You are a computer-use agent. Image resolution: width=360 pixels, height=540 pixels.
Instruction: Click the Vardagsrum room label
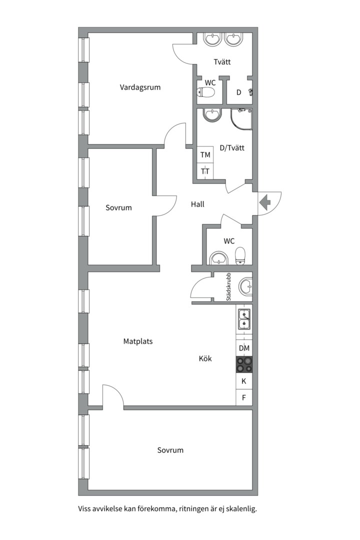tap(140, 87)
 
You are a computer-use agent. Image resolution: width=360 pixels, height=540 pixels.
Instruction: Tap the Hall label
tap(197, 204)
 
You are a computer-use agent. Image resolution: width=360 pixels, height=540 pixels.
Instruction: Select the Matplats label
tap(138, 341)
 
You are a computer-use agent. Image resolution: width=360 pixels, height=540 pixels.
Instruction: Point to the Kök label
tap(205, 358)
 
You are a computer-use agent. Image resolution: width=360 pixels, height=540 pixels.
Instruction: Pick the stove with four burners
tap(244, 364)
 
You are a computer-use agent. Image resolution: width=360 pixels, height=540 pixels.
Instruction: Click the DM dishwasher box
tap(244, 348)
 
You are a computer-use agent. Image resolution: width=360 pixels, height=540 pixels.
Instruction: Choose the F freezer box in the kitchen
tap(244, 397)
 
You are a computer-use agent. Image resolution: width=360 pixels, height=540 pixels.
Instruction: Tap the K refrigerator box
tap(244, 381)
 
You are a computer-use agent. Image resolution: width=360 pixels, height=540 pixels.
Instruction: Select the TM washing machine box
tap(205, 155)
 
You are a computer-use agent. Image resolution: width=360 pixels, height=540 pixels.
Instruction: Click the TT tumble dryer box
tap(205, 171)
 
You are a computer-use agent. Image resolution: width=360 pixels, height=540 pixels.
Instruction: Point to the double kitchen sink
tap(244, 319)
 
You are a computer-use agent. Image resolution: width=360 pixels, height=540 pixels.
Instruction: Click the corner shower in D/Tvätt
tap(241, 119)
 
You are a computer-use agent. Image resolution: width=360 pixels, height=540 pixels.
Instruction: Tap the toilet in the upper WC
tap(205, 92)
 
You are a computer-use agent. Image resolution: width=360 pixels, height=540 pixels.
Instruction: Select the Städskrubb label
tap(228, 287)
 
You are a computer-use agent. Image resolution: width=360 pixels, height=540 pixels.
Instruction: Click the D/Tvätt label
tap(232, 147)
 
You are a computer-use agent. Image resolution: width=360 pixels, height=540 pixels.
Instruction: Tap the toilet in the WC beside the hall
tap(240, 256)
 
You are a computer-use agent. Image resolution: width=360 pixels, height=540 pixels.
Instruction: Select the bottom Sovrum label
tap(170, 450)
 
